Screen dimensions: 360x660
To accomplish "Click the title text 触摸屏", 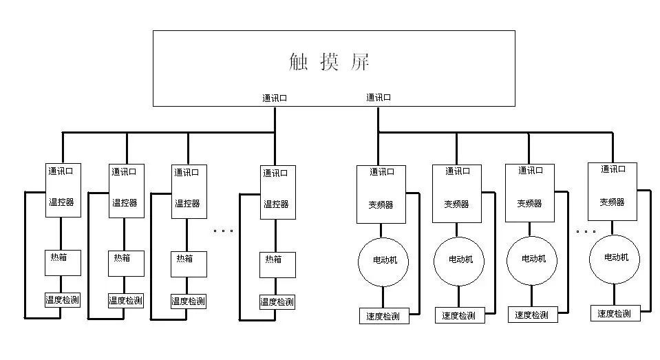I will (330, 63).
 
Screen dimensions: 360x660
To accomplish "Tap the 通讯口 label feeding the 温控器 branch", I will (275, 98).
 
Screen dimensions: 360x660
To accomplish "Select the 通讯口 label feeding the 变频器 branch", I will (379, 98).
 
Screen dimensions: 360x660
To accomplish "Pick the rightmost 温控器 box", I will (277, 191).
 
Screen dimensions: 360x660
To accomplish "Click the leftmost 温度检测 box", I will (63, 299).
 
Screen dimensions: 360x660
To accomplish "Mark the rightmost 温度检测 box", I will (277, 301).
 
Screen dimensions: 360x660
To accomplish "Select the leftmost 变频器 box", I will (381, 194).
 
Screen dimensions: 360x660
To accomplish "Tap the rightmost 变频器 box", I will (612, 191).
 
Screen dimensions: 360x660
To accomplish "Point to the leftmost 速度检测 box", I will (384, 317).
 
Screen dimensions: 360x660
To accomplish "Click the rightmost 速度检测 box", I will (615, 314).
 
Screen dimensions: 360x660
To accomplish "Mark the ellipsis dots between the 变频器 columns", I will (586, 231).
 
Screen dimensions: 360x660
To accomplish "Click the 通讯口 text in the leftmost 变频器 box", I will (382, 172).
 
